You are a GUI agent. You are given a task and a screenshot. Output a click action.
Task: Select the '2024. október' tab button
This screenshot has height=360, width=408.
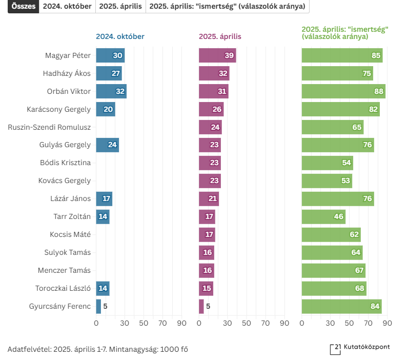(x=67, y=7)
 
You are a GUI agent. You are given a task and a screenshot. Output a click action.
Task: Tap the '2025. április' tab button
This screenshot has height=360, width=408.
(x=120, y=7)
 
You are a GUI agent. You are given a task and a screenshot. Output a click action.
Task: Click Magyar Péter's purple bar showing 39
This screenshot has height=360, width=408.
(x=217, y=55)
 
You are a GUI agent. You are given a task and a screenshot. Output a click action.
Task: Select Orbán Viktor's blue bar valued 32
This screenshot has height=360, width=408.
(x=111, y=91)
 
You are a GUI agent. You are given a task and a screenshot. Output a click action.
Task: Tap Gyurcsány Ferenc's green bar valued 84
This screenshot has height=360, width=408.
(x=341, y=307)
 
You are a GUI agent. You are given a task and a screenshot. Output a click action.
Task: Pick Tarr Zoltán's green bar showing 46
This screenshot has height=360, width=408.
(x=323, y=217)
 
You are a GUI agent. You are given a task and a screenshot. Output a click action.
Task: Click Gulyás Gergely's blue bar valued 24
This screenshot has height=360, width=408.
(x=107, y=145)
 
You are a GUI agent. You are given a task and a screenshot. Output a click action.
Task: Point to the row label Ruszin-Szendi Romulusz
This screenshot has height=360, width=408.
(x=49, y=127)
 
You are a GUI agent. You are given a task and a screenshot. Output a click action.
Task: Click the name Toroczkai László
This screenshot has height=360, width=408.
(x=63, y=289)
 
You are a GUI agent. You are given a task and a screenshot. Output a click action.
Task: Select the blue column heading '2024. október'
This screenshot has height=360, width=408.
(x=120, y=36)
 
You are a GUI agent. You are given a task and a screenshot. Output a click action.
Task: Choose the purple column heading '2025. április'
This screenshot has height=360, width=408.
(x=220, y=36)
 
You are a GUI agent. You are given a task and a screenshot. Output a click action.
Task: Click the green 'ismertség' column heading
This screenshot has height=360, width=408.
(x=345, y=33)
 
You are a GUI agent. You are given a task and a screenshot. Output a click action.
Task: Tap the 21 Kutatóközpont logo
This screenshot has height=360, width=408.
(x=360, y=348)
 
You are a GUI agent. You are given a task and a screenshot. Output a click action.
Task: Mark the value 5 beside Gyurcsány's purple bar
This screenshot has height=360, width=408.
(x=208, y=307)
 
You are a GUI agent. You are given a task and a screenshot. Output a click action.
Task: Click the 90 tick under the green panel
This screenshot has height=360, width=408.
(x=387, y=323)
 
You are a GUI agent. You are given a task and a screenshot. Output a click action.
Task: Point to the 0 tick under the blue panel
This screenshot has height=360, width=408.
(x=96, y=323)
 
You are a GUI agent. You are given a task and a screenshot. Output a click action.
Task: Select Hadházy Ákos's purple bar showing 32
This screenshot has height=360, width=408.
(x=214, y=73)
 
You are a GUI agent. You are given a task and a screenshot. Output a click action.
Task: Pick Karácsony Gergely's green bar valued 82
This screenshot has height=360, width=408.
(x=340, y=109)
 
